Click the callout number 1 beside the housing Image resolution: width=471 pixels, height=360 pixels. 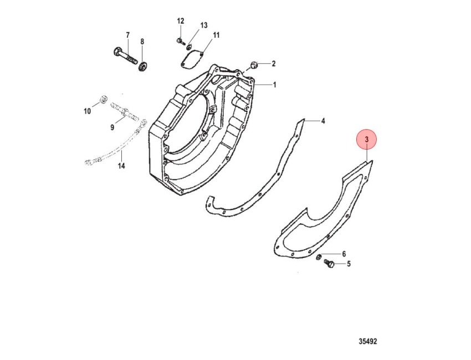coord(274,85)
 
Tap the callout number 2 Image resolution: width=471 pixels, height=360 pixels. coord(273,64)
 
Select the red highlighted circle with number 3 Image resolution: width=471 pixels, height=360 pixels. coord(366,140)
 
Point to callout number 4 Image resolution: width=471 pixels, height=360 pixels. coord(323,121)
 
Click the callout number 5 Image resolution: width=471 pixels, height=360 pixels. coord(349,264)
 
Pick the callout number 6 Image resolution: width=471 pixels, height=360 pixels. coord(344,254)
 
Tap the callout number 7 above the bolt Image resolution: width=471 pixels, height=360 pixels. coord(127,35)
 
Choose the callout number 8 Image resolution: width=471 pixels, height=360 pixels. coord(142,42)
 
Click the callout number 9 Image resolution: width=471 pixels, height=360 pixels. coord(112,127)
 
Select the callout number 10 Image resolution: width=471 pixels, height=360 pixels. coord(87,111)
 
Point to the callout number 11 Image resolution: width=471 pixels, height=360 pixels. coord(216,35)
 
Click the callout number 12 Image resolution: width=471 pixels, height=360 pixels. coord(180,21)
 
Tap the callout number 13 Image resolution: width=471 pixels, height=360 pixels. coord(204,25)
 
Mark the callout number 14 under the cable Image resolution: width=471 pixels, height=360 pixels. coord(121,166)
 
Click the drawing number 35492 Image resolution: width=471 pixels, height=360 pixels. coord(368,341)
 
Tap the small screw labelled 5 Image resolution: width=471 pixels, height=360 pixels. coord(329,264)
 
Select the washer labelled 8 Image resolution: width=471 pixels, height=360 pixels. coord(142,66)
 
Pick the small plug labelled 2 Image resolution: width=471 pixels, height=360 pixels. coord(254,65)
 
